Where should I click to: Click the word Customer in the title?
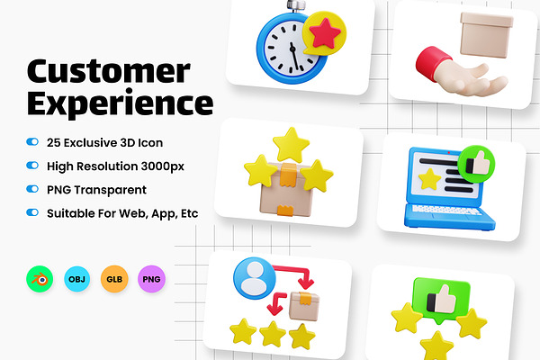coord(109,71)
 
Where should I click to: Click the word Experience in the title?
coord(121,103)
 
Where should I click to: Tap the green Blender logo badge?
coord(40,279)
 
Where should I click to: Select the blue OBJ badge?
coord(76,279)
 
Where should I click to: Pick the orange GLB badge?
coord(114,279)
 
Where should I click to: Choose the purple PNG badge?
coord(151,279)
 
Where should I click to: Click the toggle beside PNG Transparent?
coord(32,189)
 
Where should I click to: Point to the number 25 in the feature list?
coord(54,142)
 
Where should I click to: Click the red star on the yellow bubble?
coord(325,33)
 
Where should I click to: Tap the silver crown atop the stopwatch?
coord(296,6)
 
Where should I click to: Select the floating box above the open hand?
coord(486,34)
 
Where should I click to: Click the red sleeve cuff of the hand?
coord(433,63)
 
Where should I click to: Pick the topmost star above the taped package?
coord(291,145)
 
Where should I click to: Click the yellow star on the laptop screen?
coord(429,179)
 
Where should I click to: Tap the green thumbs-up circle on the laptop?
coord(476,164)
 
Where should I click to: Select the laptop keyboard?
coord(446,210)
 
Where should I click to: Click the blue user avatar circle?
coord(255,278)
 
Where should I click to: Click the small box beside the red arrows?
coord(304,306)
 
